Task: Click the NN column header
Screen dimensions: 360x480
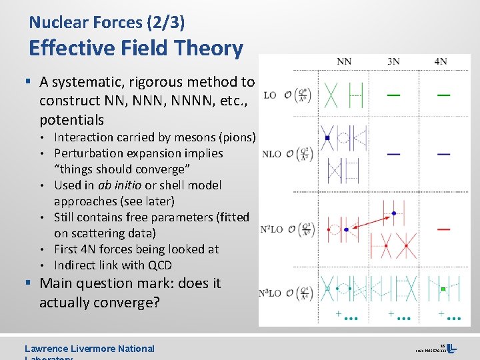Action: pos(344,62)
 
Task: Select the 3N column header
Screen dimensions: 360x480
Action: pos(393,62)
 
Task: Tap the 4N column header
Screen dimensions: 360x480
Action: pos(441,62)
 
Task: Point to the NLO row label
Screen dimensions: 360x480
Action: pos(271,154)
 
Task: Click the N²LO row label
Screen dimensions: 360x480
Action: pos(272,229)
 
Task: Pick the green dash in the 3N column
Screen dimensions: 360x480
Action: pos(394,95)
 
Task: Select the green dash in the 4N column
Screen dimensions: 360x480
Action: pos(443,95)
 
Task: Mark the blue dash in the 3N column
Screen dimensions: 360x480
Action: pos(394,154)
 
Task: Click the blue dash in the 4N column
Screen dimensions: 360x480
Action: pos(443,154)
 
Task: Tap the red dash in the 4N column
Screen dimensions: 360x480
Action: pos(443,229)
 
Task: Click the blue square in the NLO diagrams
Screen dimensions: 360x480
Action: pos(327,138)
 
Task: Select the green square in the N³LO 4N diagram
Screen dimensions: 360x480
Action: pos(443,289)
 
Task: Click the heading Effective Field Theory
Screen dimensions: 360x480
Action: pos(136,48)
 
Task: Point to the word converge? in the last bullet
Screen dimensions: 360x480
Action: pos(128,302)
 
